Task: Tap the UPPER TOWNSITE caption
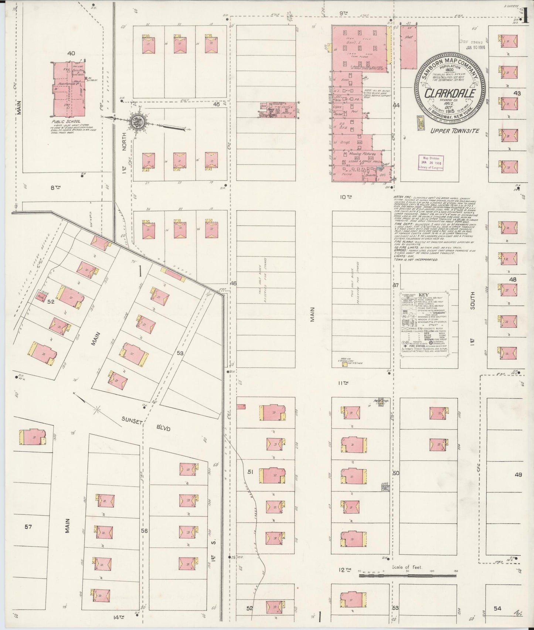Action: point(455,130)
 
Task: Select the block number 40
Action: point(71,53)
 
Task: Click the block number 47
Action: point(396,285)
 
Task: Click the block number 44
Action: point(397,105)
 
